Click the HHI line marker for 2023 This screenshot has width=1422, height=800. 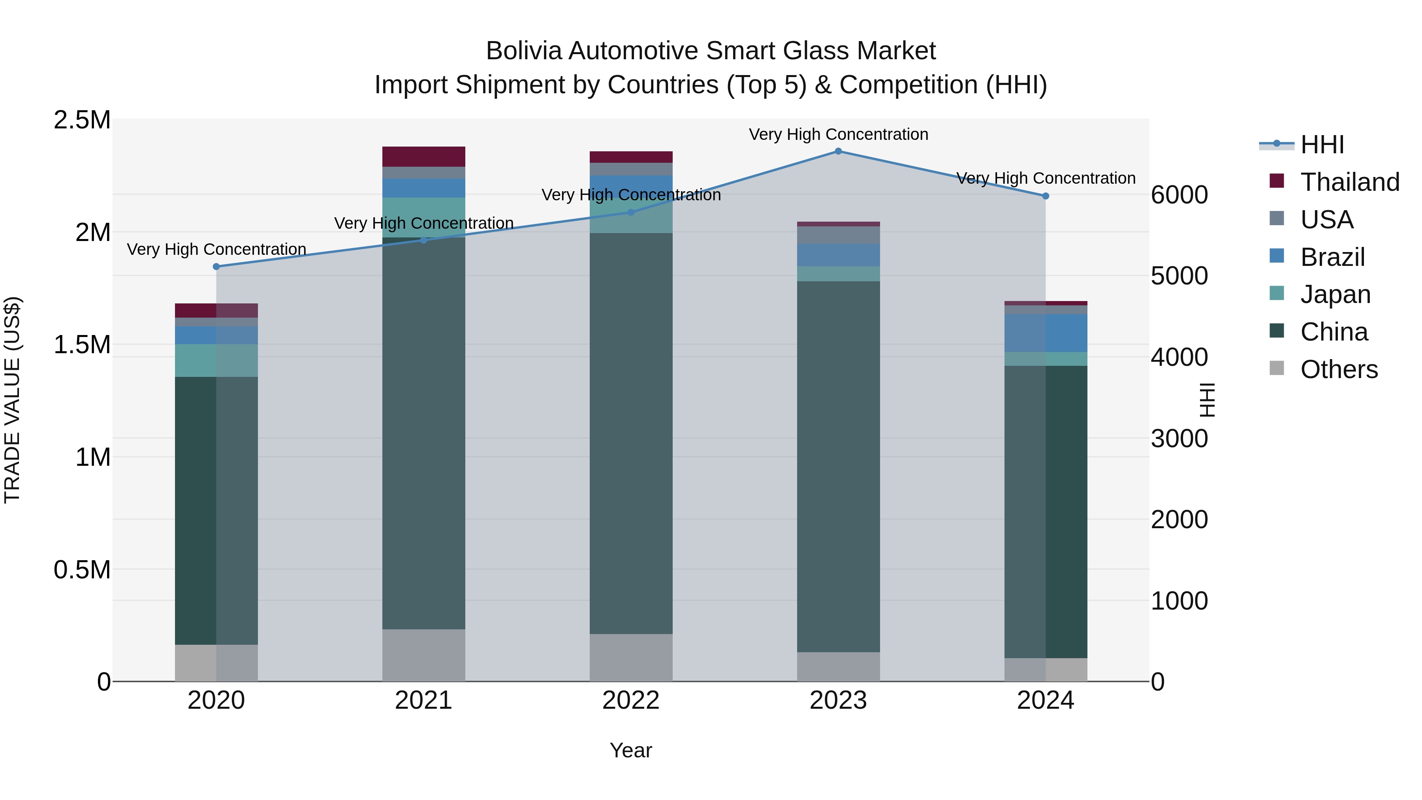(x=838, y=151)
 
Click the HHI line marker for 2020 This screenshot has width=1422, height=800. (x=216, y=267)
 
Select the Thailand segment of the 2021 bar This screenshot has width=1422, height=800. (x=423, y=157)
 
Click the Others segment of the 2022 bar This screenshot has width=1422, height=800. (x=631, y=657)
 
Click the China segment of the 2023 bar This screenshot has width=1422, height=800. (x=838, y=467)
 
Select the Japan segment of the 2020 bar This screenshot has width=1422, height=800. (x=216, y=361)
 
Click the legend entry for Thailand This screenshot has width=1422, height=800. (x=1350, y=182)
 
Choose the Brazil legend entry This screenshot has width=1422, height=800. (x=1332, y=257)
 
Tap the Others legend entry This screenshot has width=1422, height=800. (x=1339, y=369)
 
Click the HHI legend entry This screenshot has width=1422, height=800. (x=1322, y=145)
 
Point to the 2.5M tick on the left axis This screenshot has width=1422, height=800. (x=82, y=120)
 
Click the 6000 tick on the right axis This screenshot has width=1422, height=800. (x=1179, y=195)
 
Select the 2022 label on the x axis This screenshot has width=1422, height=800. (x=631, y=700)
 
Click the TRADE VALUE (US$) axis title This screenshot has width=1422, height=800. (x=12, y=400)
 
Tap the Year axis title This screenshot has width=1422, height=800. (x=630, y=750)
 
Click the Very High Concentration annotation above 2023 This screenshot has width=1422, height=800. (x=838, y=134)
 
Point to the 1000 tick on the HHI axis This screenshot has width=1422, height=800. (x=1179, y=600)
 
